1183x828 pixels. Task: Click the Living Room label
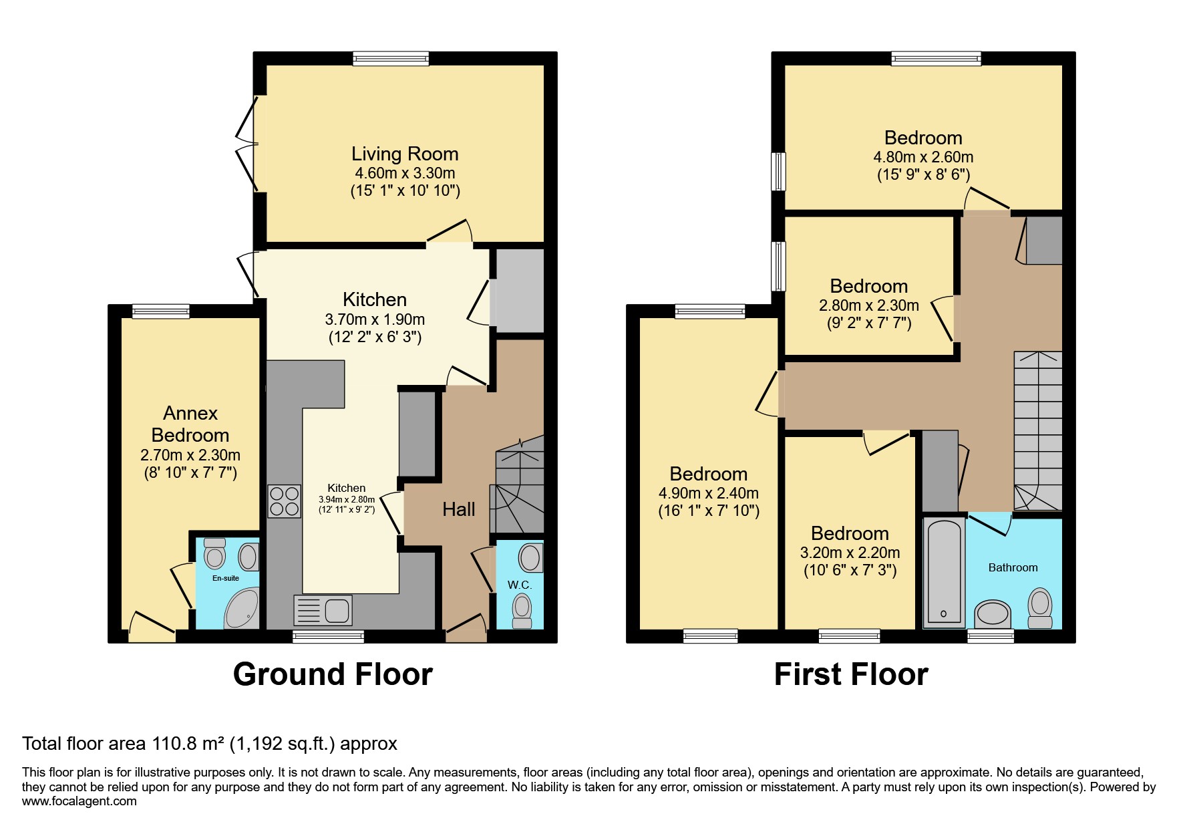[x=405, y=154]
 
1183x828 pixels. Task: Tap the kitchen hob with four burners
[x=285, y=501]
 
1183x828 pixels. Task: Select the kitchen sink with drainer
[x=322, y=610]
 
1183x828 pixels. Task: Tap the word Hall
[x=458, y=509]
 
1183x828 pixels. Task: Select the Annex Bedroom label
[x=190, y=424]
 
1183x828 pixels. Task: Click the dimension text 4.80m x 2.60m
[x=923, y=158]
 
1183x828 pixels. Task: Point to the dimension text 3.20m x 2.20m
[x=850, y=553]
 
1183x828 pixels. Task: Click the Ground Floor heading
[x=333, y=674]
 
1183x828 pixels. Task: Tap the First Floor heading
[x=850, y=674]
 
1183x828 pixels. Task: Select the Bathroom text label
[x=1013, y=567]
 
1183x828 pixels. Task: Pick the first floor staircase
[x=1037, y=431]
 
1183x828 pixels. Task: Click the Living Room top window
[x=391, y=59]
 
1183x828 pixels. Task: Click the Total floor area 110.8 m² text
[x=210, y=743]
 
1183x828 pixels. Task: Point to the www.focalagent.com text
[x=79, y=801]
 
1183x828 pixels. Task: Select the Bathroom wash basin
[x=993, y=613]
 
